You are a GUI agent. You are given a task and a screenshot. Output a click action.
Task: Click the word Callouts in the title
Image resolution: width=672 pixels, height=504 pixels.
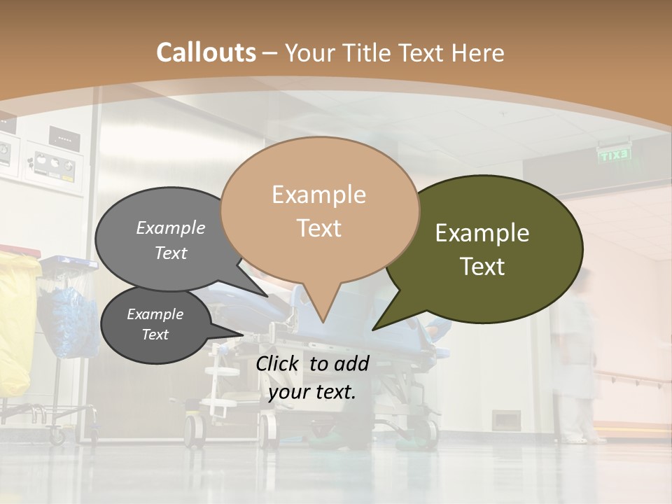[x=206, y=52]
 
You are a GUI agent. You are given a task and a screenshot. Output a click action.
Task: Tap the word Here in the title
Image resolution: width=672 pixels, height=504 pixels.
[x=479, y=53]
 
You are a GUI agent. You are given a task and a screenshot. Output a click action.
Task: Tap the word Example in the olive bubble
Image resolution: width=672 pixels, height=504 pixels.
[x=482, y=233]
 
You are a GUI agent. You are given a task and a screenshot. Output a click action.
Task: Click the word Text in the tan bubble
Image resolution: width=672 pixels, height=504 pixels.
[x=319, y=228]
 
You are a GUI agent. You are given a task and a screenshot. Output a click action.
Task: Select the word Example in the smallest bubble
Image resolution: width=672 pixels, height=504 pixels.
[x=155, y=314]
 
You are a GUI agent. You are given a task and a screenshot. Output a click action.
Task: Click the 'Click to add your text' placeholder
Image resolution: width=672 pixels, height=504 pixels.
[x=312, y=377]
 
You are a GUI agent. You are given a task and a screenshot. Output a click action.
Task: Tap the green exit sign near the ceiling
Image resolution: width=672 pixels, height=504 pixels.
[x=615, y=155]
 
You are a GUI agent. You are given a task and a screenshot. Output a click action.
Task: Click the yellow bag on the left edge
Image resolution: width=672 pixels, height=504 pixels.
[x=15, y=322]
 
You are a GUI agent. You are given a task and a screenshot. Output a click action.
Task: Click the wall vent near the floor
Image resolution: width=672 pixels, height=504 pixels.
[x=505, y=420]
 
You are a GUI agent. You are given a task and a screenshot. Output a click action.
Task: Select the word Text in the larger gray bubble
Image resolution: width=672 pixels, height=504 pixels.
[x=171, y=253]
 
